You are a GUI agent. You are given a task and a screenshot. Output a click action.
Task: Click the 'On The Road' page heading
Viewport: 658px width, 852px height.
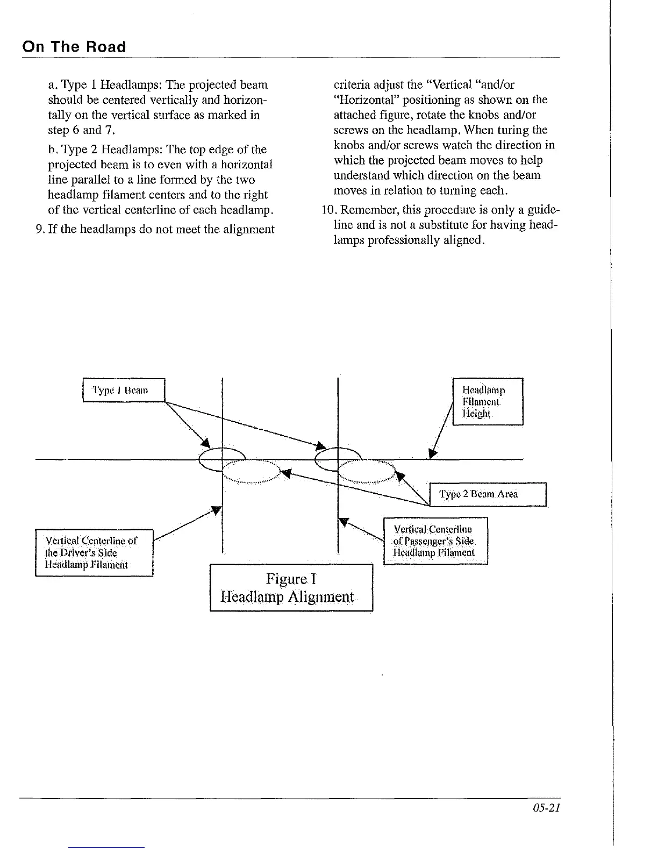[x=74, y=47]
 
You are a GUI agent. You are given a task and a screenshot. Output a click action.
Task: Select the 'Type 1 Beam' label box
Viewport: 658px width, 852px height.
[x=123, y=390]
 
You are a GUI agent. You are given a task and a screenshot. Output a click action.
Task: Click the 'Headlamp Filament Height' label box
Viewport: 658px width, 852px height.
[x=488, y=401]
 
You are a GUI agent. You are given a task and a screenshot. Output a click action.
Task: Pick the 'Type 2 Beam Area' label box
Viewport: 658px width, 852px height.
[x=488, y=494]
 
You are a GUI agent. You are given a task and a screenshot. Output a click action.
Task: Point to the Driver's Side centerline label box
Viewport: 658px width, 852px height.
[x=94, y=552]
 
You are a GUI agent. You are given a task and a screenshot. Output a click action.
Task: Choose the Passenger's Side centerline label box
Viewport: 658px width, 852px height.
[x=435, y=540]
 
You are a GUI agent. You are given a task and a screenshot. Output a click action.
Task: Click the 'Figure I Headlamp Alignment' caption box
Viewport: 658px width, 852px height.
[x=291, y=587]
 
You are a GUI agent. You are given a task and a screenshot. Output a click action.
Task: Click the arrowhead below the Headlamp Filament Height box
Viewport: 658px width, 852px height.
[x=434, y=455]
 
